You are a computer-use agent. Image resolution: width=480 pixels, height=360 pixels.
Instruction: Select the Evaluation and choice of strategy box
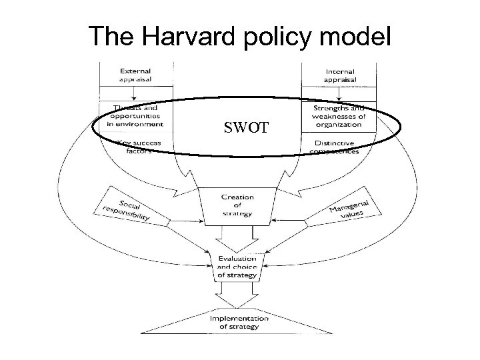coord(237,265)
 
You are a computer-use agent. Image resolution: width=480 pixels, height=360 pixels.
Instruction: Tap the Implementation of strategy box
coord(239,322)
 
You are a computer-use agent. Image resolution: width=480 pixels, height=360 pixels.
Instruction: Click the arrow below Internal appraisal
coord(340,95)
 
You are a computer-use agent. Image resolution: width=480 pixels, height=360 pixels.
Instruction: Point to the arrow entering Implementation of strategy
coord(237,296)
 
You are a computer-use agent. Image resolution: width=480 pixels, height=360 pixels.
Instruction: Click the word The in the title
coord(110,37)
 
